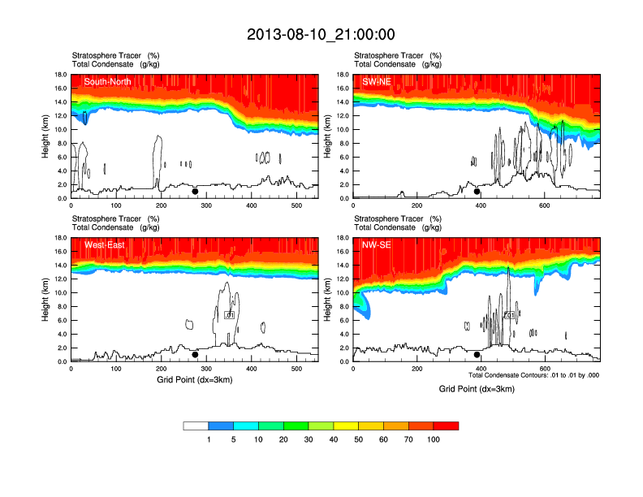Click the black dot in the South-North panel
click(195, 192)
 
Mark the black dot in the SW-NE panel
click(477, 192)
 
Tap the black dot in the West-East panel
click(195, 354)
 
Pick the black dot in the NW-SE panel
click(477, 354)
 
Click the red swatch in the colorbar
click(446, 426)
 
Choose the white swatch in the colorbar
click(196, 426)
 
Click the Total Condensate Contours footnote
click(534, 375)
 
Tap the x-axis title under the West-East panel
click(195, 379)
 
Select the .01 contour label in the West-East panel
click(229, 314)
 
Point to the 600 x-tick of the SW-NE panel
click(544, 206)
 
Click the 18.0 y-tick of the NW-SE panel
click(343, 238)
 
